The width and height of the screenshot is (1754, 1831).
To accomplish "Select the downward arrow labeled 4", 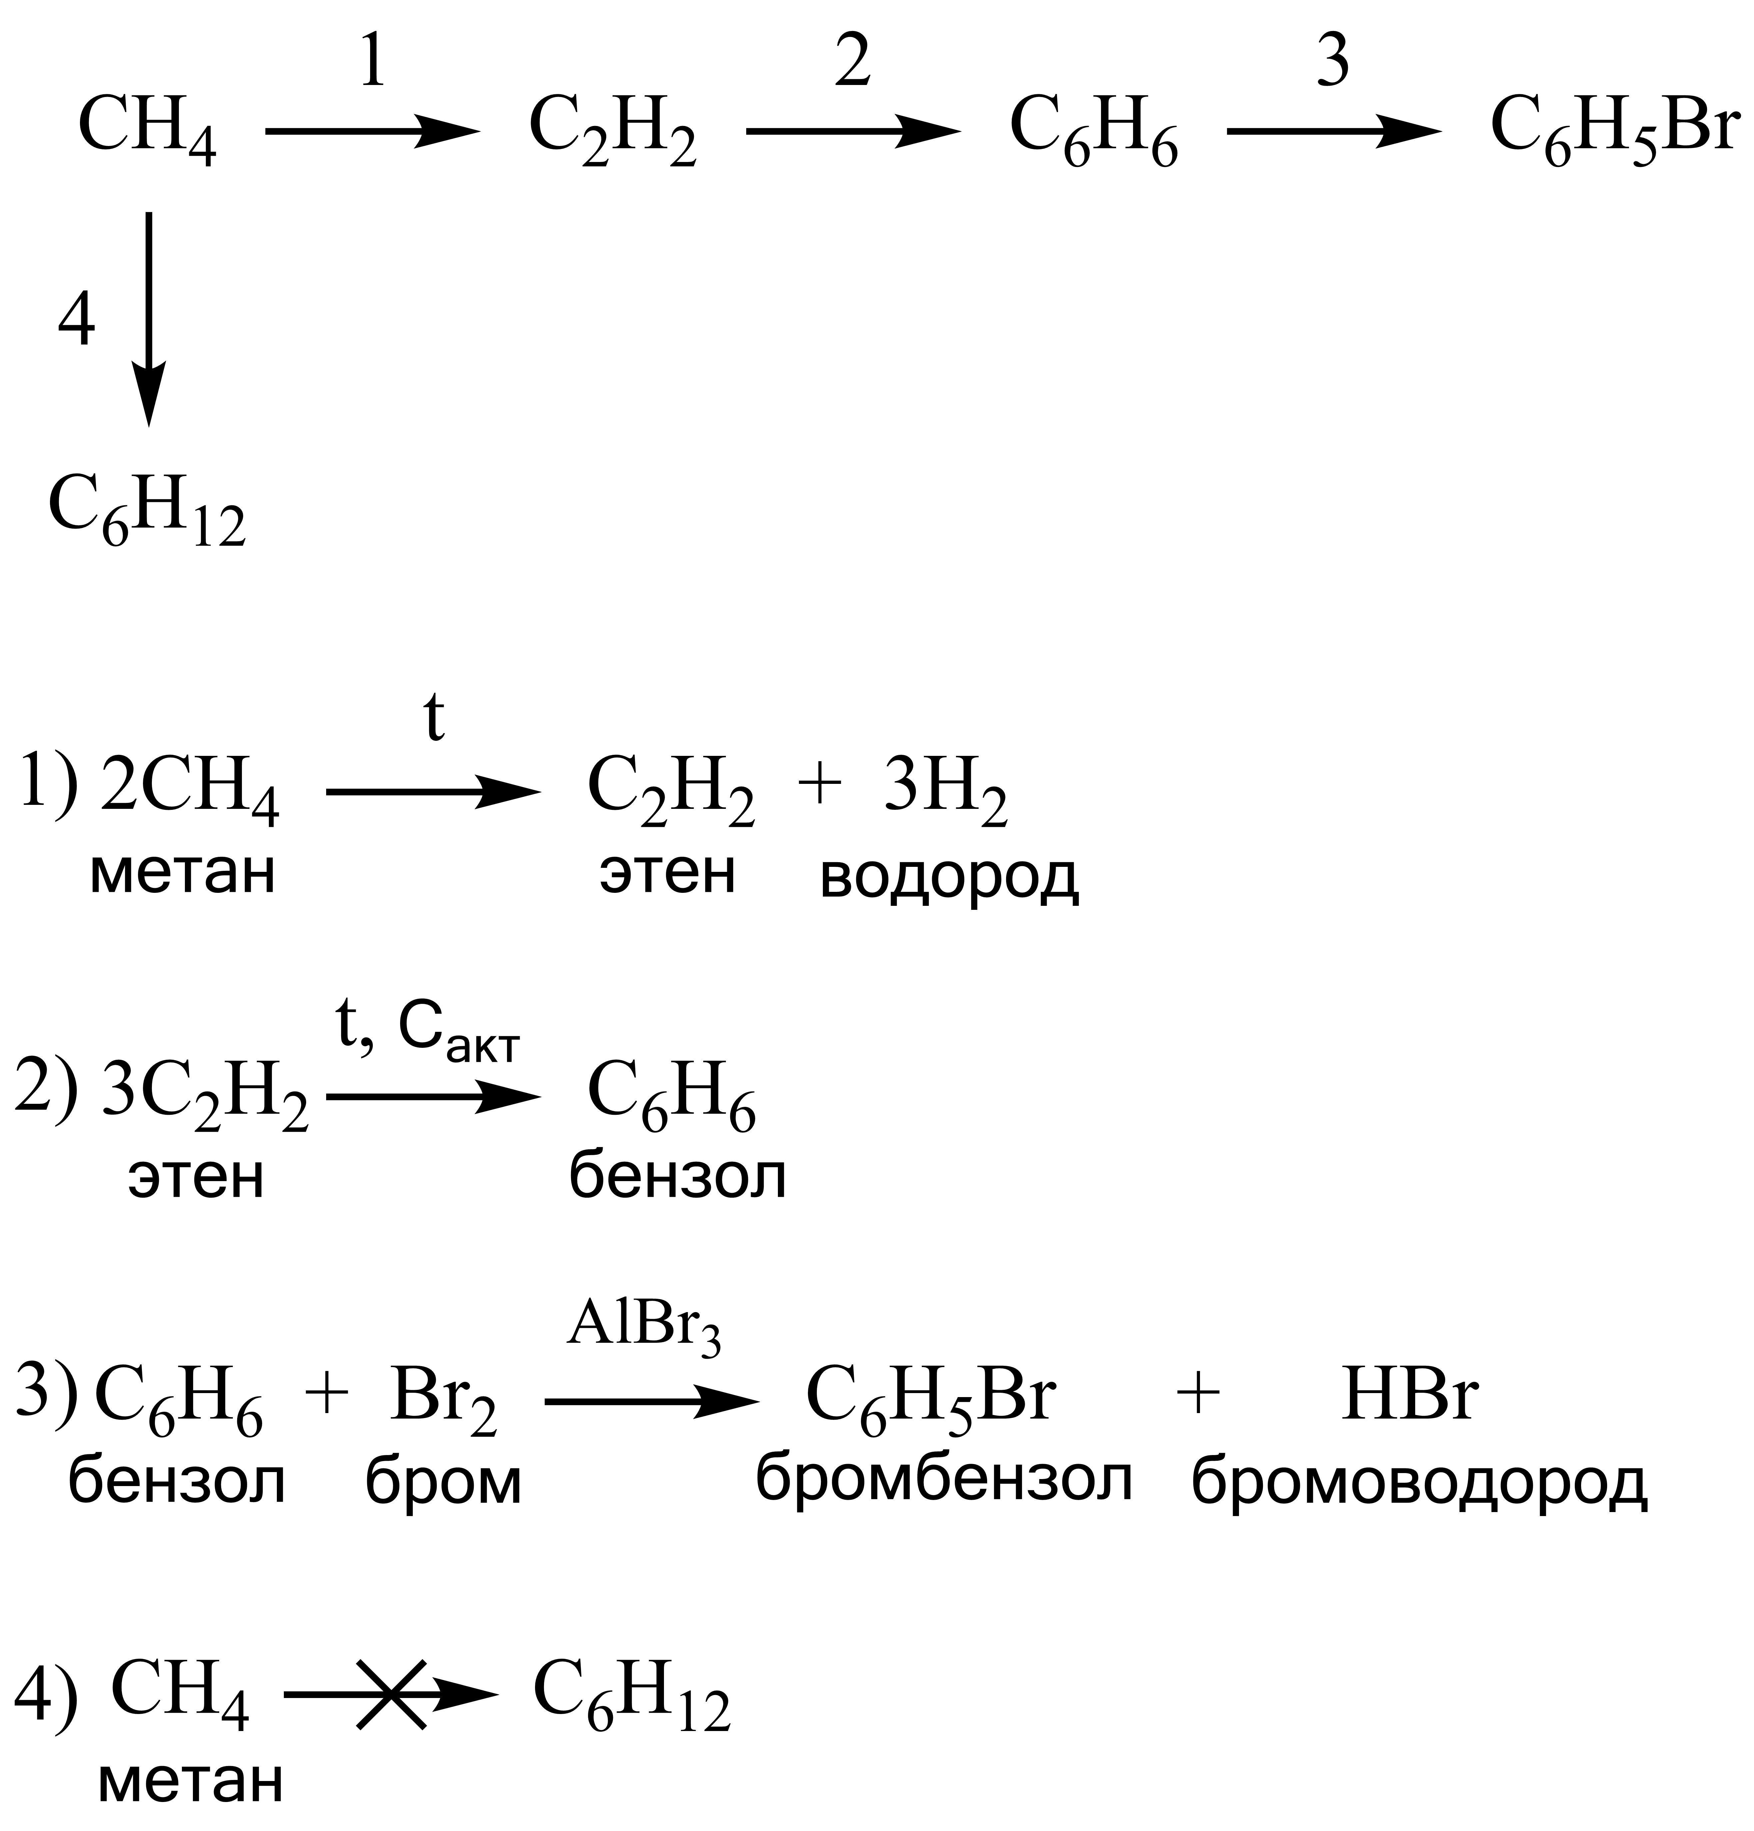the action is pyautogui.click(x=149, y=320).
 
